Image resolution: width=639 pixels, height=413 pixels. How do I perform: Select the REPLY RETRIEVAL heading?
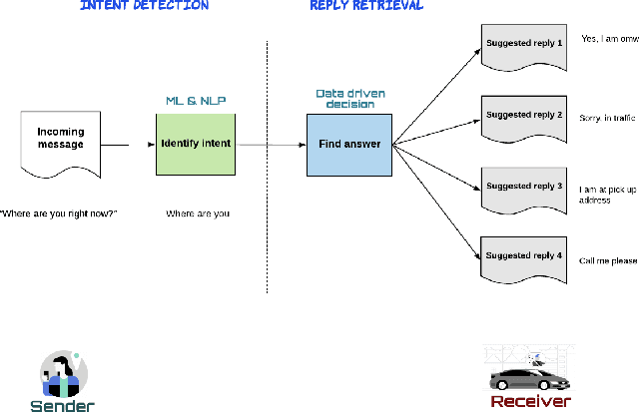coord(366,6)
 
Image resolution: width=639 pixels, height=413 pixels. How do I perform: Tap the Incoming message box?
coord(61,142)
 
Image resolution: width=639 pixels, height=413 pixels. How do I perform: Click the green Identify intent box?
coord(196,144)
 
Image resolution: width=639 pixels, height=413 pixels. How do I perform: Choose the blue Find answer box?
coord(348,144)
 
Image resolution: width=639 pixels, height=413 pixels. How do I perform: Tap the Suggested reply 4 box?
coord(523,259)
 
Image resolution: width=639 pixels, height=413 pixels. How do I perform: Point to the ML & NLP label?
coord(196,101)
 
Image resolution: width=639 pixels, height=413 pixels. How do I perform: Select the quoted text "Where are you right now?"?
coord(59,213)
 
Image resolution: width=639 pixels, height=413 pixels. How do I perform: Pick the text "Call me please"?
coord(610,260)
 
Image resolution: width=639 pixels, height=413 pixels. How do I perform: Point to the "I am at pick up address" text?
coord(608,193)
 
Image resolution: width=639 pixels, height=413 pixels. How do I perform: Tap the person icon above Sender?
coord(63,375)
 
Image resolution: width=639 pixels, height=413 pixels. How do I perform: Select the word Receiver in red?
coord(530,401)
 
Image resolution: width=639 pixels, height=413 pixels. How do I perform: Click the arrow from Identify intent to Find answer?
coord(270,145)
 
